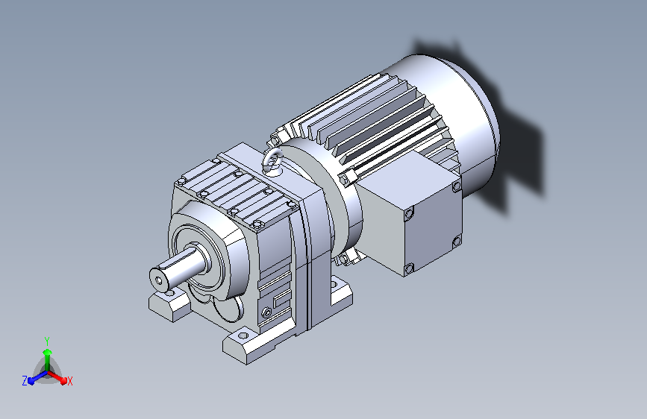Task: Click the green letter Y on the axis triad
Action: (x=47, y=341)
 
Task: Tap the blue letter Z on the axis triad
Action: (x=25, y=381)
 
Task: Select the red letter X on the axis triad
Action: (x=69, y=382)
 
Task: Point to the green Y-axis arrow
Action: (x=48, y=360)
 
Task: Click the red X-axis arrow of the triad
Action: (x=57, y=377)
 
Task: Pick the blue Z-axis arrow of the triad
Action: (x=37, y=377)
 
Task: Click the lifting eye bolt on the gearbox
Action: (x=272, y=161)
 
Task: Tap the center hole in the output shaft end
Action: (x=160, y=280)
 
